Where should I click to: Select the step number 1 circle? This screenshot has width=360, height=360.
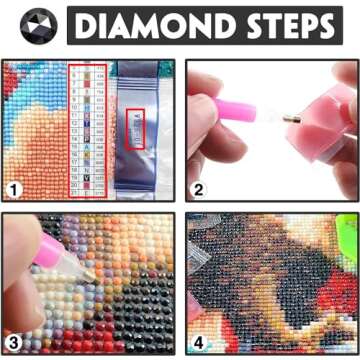coord(17,190)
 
